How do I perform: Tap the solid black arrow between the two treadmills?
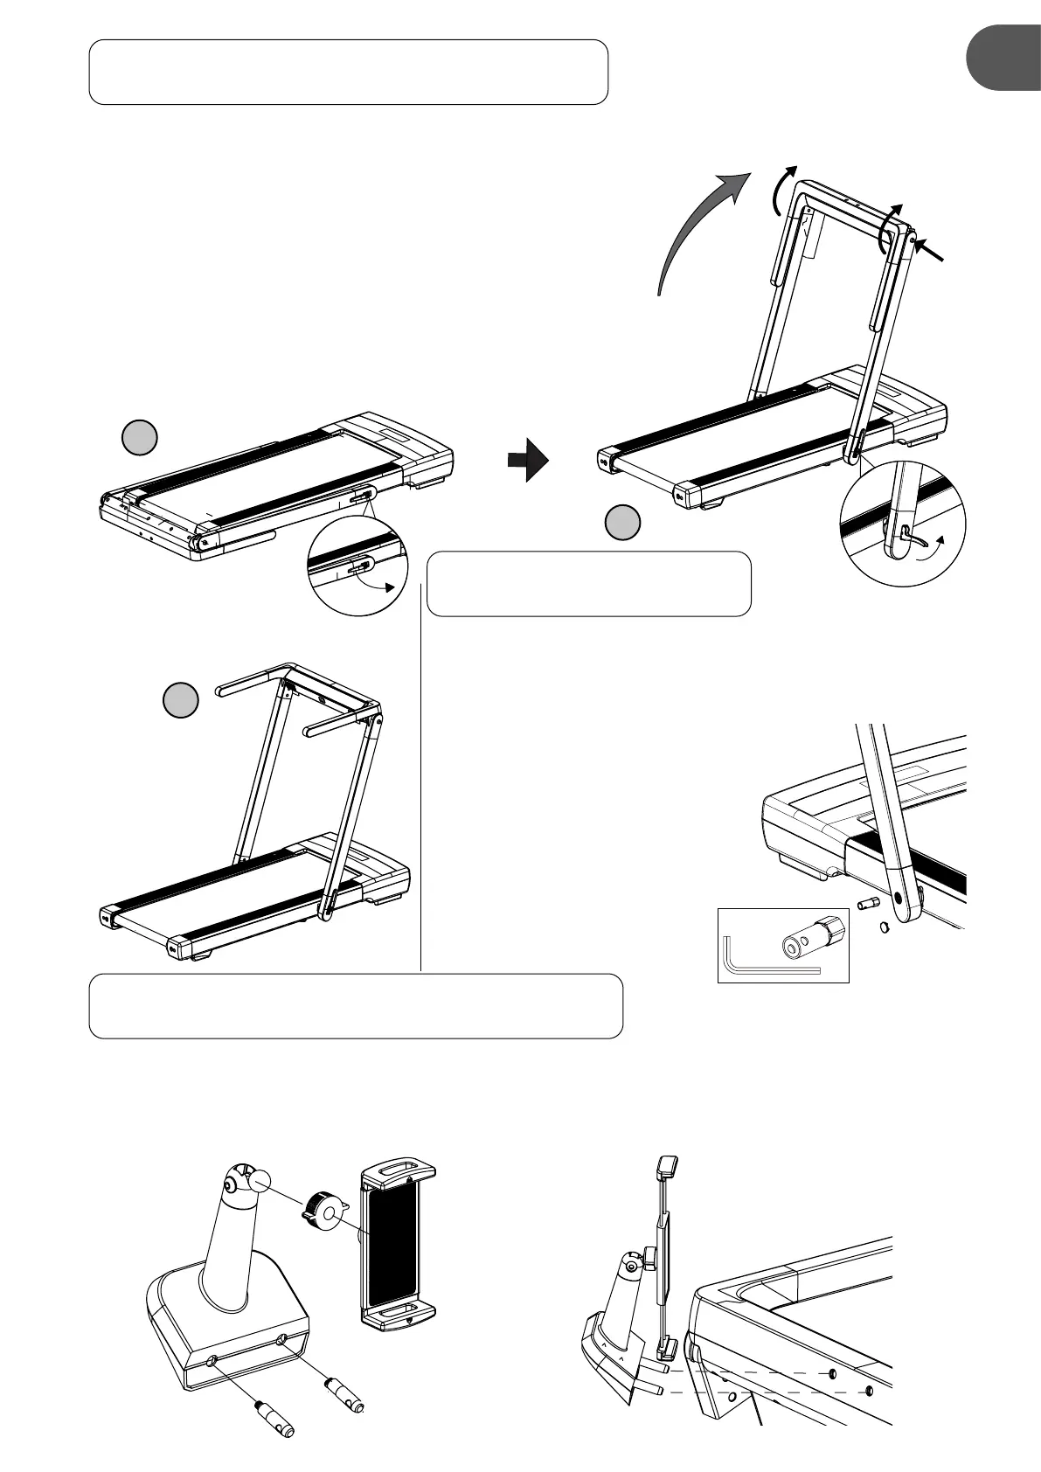[528, 460]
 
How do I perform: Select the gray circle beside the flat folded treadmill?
[139, 438]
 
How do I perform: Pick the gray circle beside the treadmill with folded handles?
[182, 700]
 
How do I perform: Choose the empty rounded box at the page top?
[348, 72]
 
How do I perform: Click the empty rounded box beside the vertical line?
[588, 583]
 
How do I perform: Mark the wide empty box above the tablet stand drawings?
[356, 1005]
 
